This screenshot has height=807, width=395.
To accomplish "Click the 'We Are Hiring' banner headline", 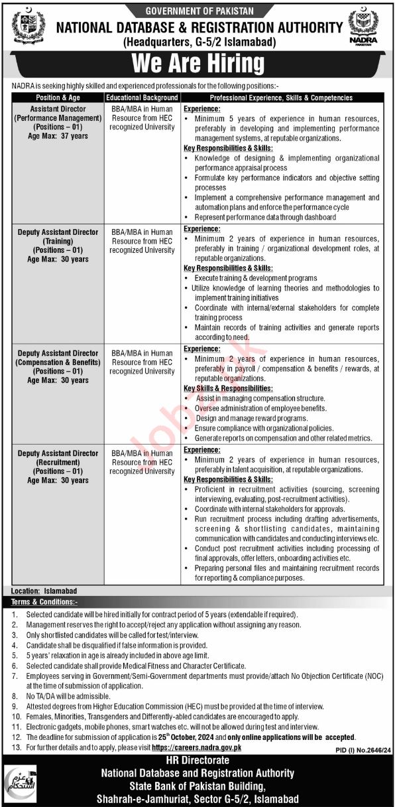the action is [197, 64].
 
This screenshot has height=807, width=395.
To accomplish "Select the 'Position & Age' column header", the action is [58, 98].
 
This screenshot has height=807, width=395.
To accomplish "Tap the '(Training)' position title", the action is [58, 241].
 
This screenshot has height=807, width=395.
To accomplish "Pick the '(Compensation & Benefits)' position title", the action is [58, 362].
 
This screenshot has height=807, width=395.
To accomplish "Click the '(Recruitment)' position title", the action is [58, 463].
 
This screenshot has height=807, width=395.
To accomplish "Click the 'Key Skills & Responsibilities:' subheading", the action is [228, 388].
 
